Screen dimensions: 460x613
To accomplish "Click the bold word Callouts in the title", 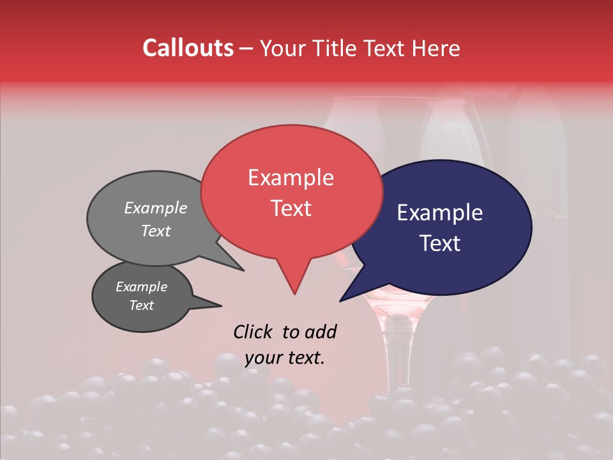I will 188,48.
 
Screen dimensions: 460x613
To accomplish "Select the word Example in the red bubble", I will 291,178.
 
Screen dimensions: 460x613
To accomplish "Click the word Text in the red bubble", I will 291,208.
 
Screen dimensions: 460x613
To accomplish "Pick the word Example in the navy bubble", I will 440,213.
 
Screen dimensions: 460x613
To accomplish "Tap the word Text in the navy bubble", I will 440,243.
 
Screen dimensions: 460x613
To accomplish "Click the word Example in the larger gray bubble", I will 155,208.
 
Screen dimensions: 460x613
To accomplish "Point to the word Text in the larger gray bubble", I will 155,231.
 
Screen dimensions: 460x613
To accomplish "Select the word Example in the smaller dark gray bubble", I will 141,287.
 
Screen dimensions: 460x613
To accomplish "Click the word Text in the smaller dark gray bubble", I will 141,305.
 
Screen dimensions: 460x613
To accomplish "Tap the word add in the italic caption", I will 321,332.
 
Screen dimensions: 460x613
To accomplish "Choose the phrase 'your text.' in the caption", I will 284,358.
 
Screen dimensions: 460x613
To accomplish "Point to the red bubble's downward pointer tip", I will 294,294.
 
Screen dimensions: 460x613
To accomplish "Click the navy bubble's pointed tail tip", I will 340,301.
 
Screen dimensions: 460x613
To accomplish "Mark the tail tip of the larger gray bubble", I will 243,270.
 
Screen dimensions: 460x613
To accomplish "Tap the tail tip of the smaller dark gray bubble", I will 221,305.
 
